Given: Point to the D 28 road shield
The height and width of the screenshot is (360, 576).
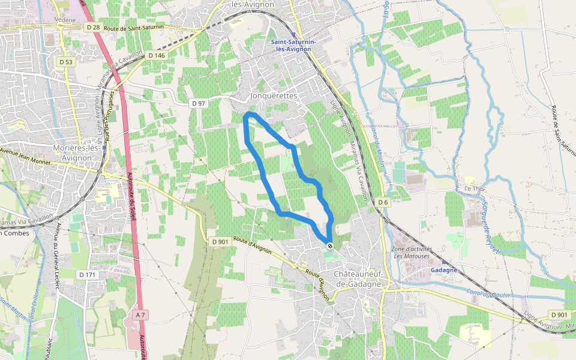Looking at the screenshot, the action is point(92,28).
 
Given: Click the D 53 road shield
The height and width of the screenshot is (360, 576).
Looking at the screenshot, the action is point(66,62).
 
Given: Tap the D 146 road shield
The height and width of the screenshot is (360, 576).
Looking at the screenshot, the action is point(155,55).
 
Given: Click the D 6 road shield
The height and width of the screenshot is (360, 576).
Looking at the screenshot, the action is point(383,203).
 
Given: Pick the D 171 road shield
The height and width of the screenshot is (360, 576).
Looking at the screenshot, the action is point(87,274).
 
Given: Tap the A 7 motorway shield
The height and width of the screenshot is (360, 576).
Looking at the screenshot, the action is point(140,314).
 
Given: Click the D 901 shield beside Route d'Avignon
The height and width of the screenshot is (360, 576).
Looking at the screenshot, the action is point(220,242).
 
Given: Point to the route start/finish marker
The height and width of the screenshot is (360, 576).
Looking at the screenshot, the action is point(330,245).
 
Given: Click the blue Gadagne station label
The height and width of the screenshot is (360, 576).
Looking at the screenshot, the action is point(444,270).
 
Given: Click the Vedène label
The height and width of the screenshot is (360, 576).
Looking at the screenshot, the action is point(65,20).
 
